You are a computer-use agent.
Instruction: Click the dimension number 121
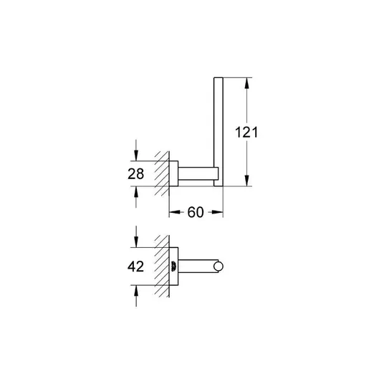tap(246, 133)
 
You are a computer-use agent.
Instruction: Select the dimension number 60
tap(196, 212)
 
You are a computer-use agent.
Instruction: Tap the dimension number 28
tap(135, 174)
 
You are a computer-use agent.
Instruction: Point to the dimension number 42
tap(135, 267)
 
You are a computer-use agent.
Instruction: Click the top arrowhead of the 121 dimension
tap(247, 83)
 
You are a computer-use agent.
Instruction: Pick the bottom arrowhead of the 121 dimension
tap(247, 181)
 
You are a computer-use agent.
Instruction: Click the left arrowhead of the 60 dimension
tap(175, 212)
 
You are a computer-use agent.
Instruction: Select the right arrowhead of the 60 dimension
tap(218, 212)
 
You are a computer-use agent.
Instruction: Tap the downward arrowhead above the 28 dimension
tap(136, 155)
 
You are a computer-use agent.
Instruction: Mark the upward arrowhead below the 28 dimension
tap(136, 192)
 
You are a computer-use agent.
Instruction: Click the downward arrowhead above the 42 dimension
tap(136, 241)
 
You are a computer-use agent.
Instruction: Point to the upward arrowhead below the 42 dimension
tap(136, 291)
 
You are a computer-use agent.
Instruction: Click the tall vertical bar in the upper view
tap(219, 132)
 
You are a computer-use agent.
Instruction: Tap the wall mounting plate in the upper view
tap(173, 173)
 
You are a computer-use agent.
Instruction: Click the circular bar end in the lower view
tap(219, 267)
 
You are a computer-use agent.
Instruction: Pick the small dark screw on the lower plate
tap(173, 267)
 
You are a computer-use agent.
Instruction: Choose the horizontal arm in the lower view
tap(198, 267)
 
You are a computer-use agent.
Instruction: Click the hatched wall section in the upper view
tap(162, 173)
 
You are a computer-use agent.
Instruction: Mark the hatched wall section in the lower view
tap(162, 267)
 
